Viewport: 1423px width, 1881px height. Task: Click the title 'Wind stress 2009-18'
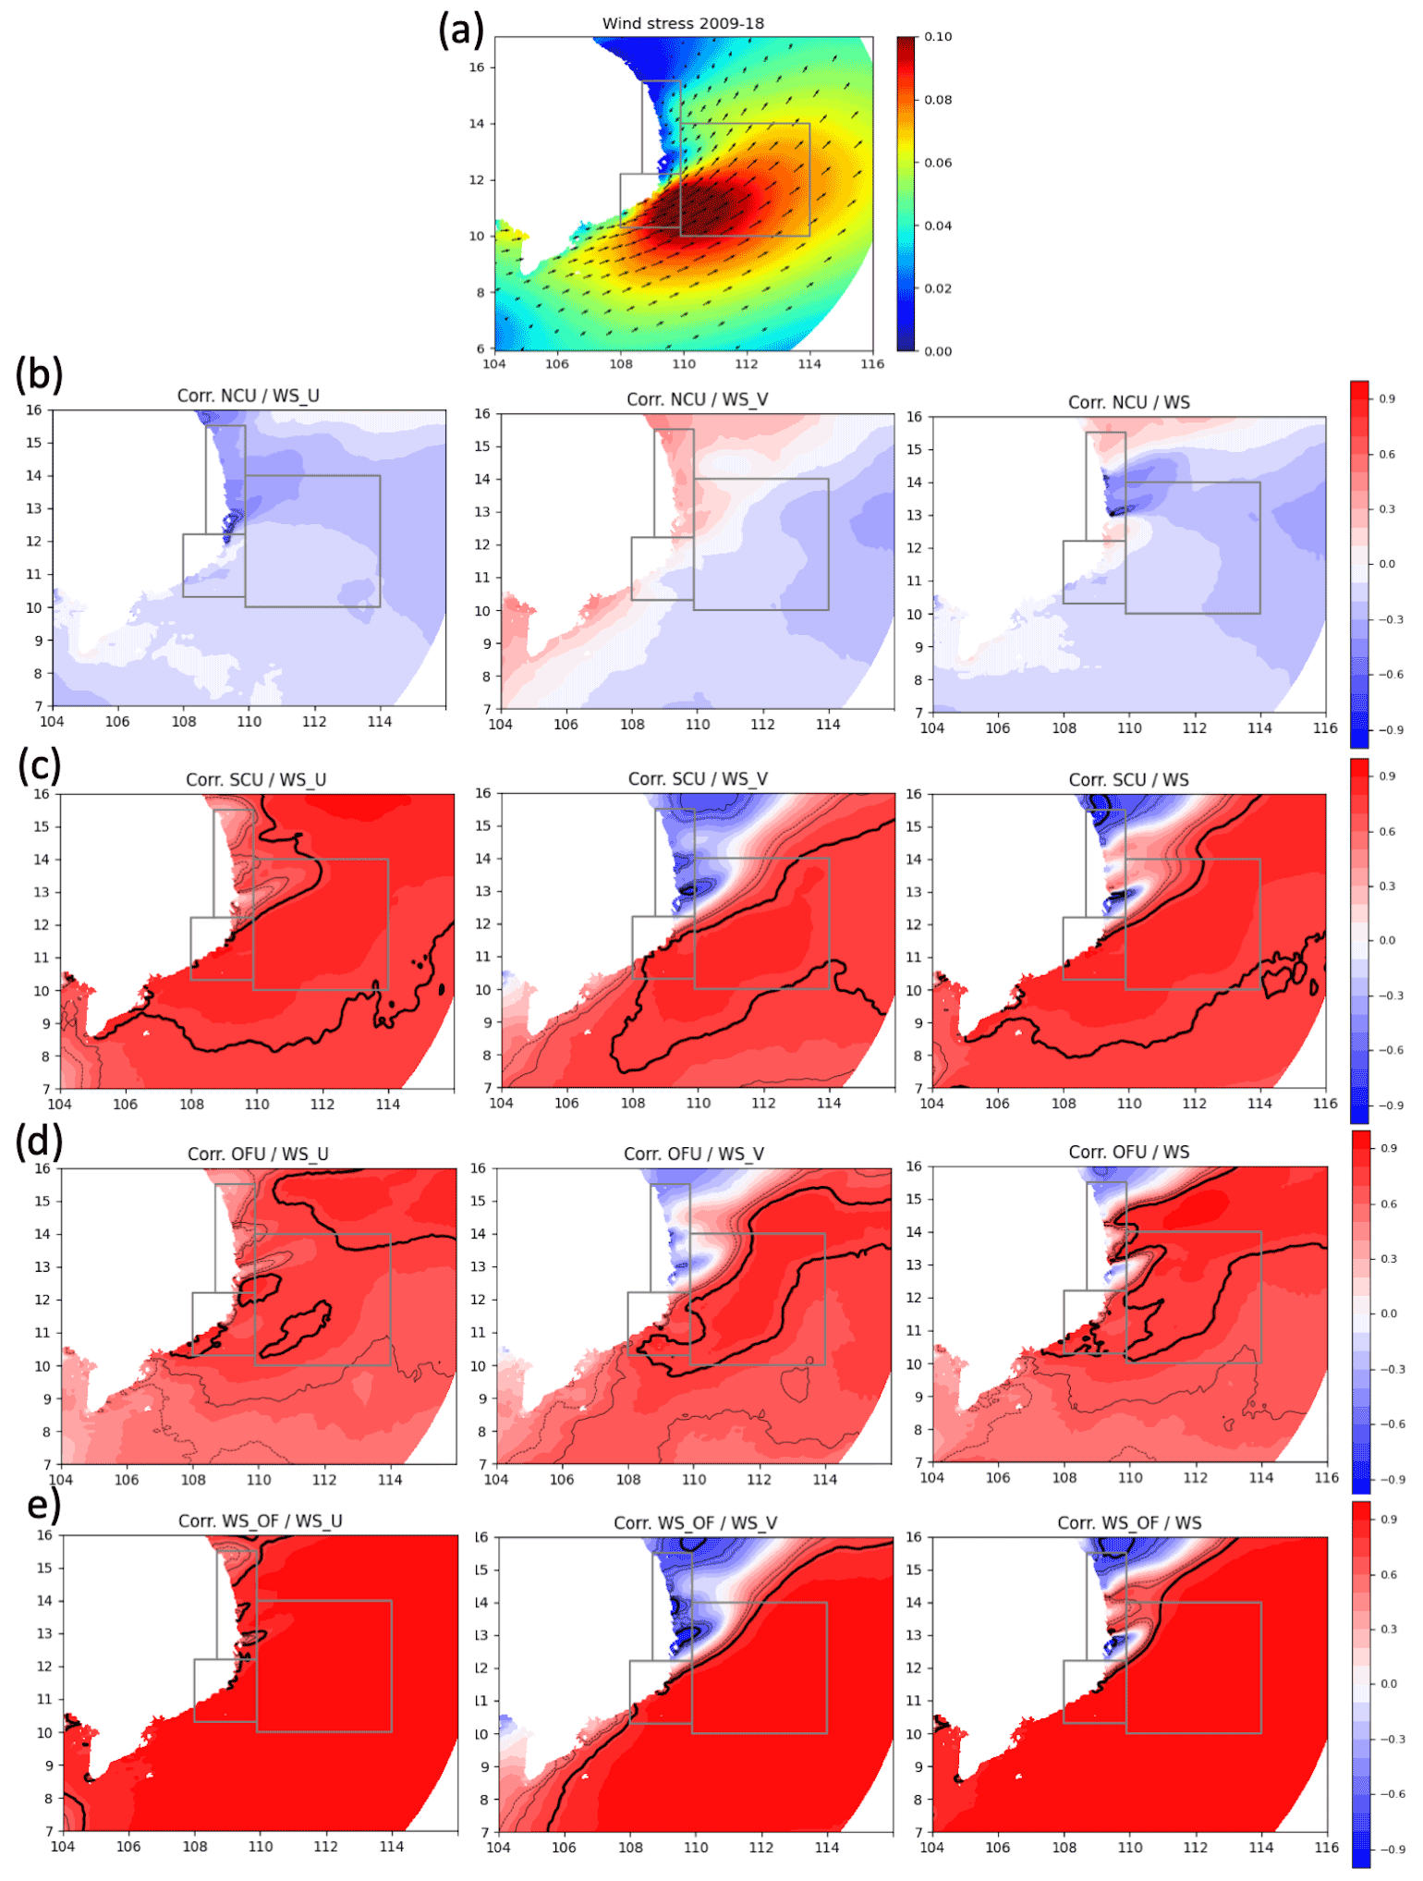tap(683, 24)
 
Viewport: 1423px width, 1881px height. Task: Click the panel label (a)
tap(461, 31)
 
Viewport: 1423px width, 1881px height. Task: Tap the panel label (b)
tap(40, 373)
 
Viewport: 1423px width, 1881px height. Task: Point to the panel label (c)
tap(40, 766)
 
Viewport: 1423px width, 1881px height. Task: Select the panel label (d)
tap(40, 1142)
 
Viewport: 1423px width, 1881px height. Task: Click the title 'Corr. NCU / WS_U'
tap(248, 396)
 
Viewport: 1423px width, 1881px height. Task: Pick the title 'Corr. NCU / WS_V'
tap(697, 399)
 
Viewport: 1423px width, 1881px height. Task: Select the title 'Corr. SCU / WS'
tap(1128, 780)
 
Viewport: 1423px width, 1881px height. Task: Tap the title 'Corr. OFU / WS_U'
tap(258, 1154)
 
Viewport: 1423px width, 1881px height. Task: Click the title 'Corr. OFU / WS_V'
tap(693, 1154)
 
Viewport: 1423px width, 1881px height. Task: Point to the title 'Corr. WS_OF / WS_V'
tap(695, 1523)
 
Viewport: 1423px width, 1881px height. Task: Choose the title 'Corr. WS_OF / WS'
tap(1129, 1523)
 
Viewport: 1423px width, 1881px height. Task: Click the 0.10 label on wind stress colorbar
tap(938, 37)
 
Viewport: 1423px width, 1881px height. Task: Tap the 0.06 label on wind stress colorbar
tap(938, 163)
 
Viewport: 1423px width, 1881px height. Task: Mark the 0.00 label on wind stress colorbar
tap(938, 351)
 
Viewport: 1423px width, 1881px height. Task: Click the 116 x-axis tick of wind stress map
tap(872, 364)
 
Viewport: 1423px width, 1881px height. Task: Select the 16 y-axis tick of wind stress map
tap(477, 67)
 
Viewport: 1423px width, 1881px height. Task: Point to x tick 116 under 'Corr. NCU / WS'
tap(1325, 728)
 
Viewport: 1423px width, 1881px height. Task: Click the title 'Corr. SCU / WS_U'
tap(256, 780)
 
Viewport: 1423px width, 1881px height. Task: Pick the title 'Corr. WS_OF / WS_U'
tap(260, 1521)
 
